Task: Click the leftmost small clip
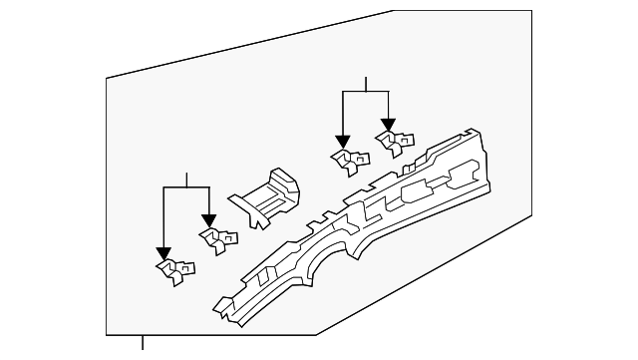pyautogui.click(x=174, y=270)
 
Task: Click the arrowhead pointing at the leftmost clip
pyautogui.click(x=163, y=253)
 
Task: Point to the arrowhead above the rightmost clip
pyautogui.click(x=388, y=125)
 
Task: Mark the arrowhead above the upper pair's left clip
pyautogui.click(x=343, y=143)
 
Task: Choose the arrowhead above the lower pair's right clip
pyautogui.click(x=208, y=221)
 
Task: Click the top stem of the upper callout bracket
pyautogui.click(x=366, y=84)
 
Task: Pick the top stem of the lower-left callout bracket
pyautogui.click(x=186, y=180)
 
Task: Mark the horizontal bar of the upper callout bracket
pyautogui.click(x=366, y=92)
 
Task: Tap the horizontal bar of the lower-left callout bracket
pyautogui.click(x=186, y=187)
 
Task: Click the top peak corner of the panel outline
pyautogui.click(x=392, y=12)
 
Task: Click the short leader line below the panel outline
pyautogui.click(x=143, y=344)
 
